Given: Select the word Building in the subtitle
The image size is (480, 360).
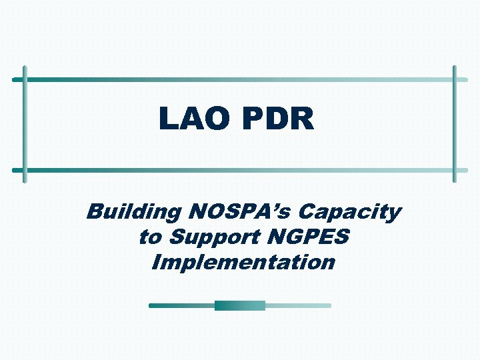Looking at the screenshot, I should (133, 213).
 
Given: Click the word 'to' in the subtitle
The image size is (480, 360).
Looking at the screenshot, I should (150, 237).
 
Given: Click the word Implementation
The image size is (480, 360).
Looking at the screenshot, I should (243, 262).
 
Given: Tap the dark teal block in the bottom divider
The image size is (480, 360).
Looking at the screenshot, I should (239, 305).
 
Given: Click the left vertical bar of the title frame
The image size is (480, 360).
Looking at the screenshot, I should (25, 124).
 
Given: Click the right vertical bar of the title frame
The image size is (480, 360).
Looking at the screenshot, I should (455, 124).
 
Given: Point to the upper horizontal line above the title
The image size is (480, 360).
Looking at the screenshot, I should (240, 79).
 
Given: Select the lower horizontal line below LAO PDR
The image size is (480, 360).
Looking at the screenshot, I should (240, 169).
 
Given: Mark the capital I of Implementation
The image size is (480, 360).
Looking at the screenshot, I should (158, 261).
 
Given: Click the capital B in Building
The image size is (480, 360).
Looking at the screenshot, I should (95, 213).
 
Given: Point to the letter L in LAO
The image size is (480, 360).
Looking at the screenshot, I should (168, 120).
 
